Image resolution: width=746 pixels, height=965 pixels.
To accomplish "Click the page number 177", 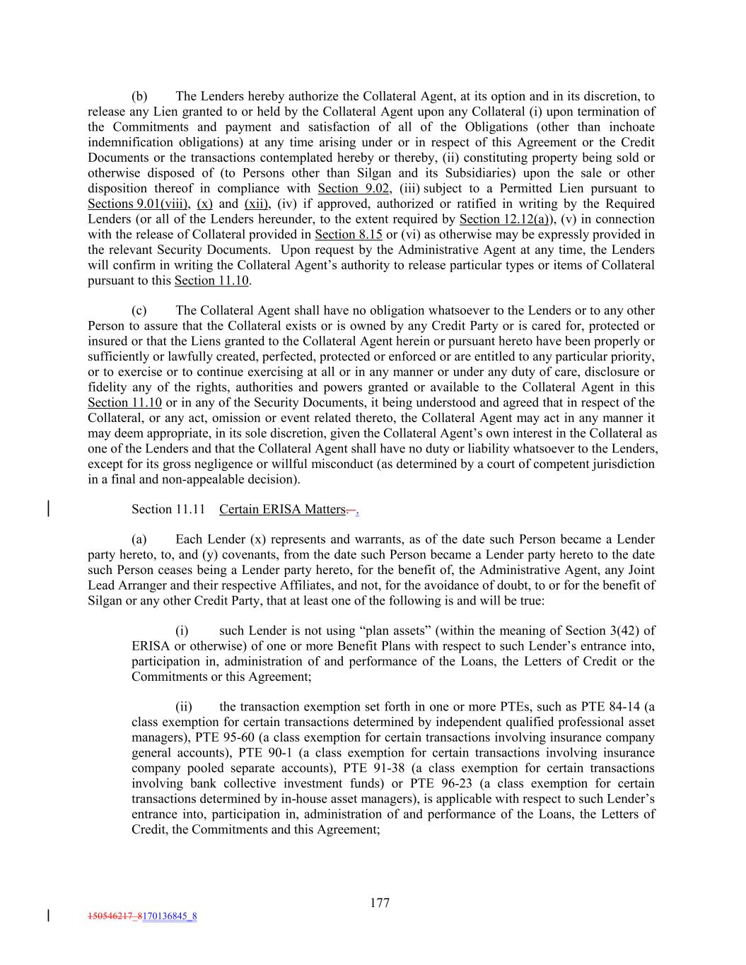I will click(380, 903).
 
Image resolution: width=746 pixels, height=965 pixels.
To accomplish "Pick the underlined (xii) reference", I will click(256, 204).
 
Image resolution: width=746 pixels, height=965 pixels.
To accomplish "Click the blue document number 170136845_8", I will click(170, 916).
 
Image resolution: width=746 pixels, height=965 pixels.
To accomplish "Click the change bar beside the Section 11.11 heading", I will click(48, 509).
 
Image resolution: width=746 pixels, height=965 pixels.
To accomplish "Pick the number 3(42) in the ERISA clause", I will click(624, 631).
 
